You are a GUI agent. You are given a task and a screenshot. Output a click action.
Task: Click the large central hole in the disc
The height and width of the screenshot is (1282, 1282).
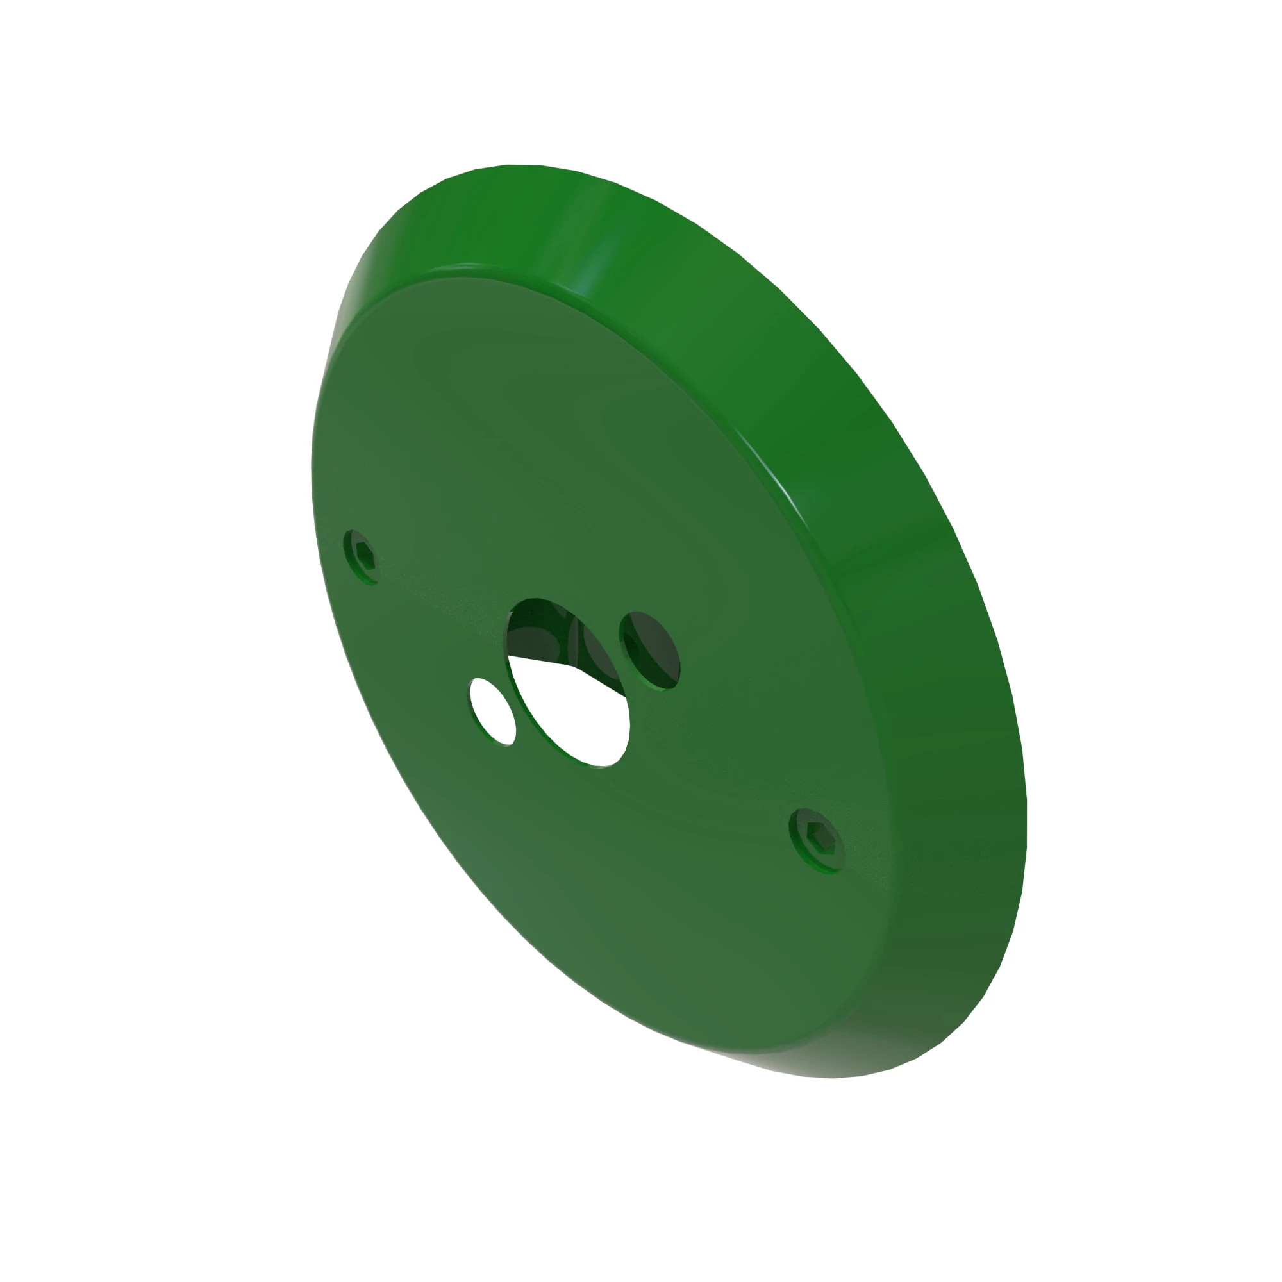(568, 683)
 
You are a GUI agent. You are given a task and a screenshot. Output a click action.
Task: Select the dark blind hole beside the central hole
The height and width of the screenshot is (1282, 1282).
(650, 650)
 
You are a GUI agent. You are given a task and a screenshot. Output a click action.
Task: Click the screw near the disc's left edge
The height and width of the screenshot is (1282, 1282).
(360, 556)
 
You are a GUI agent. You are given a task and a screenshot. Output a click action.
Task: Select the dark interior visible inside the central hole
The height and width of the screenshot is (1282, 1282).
(538, 630)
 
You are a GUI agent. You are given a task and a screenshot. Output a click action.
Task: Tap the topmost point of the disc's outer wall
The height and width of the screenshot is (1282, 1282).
(524, 166)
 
